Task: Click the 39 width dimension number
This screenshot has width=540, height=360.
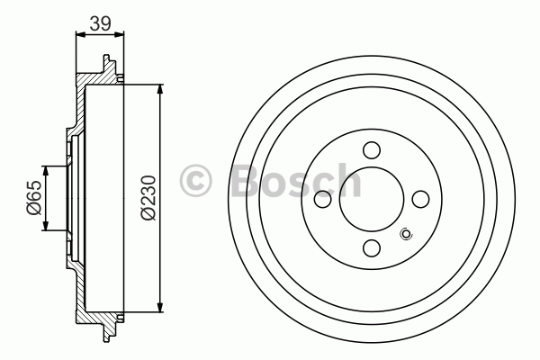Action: (100, 23)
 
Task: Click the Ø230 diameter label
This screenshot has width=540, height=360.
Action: (148, 197)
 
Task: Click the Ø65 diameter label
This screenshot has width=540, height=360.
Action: (34, 198)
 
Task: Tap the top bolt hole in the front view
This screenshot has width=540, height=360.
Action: (372, 150)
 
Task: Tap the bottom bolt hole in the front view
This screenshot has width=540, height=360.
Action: (372, 247)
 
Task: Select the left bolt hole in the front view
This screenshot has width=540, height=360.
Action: (323, 199)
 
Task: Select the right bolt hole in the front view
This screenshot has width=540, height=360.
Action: (420, 199)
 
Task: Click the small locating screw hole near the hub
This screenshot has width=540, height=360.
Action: (407, 235)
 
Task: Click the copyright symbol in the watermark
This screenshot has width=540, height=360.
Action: (195, 181)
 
